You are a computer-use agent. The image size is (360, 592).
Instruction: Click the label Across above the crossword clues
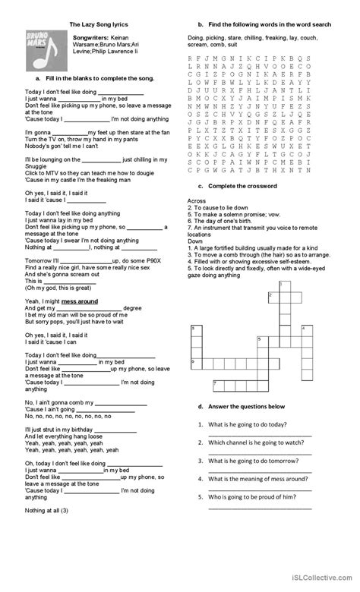[195, 200]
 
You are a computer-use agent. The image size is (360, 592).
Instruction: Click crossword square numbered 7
[216, 385]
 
